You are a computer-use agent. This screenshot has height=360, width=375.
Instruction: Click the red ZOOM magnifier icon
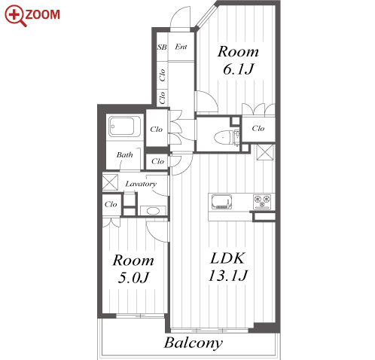click(15, 16)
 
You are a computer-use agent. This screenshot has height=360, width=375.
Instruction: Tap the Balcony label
click(194, 343)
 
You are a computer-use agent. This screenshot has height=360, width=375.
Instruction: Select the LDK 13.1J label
click(228, 267)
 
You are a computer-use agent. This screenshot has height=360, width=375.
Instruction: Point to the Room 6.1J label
click(238, 60)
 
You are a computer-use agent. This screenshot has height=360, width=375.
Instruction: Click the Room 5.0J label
click(133, 269)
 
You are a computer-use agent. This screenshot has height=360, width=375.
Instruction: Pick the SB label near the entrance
click(162, 47)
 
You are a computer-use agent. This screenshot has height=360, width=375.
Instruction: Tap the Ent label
click(181, 47)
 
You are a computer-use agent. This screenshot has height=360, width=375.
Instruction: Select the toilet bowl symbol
click(222, 137)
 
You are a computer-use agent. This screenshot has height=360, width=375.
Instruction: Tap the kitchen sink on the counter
click(221, 202)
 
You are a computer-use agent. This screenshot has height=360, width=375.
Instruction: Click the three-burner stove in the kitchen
click(262, 202)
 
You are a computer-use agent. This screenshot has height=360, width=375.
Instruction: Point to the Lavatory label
click(141, 184)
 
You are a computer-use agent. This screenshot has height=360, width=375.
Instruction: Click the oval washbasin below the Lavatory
click(153, 211)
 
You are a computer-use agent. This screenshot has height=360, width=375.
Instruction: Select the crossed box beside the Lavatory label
click(110, 182)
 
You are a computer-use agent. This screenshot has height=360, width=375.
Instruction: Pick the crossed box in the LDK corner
click(265, 152)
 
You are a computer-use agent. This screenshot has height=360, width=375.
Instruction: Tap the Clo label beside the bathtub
click(156, 130)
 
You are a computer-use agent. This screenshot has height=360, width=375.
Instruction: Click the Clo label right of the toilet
click(258, 128)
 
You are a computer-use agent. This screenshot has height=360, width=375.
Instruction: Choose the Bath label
click(124, 154)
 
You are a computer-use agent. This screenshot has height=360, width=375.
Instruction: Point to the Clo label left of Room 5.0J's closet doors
click(111, 204)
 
